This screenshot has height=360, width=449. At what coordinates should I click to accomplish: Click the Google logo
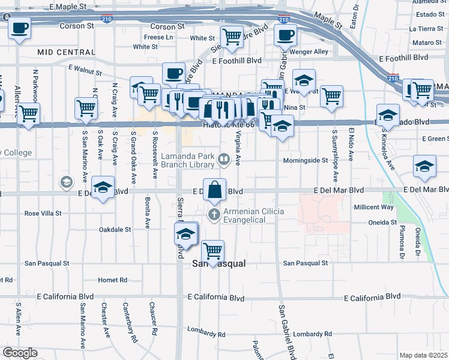pyautogui.click(x=19, y=353)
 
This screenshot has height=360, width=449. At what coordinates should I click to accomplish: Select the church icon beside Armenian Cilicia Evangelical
pyautogui.click(x=214, y=214)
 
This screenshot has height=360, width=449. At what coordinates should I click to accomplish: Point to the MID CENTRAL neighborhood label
pyautogui.click(x=62, y=52)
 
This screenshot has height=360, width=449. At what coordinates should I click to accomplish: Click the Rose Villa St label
pyautogui.click(x=43, y=213)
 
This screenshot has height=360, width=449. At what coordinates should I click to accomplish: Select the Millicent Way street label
pyautogui.click(x=373, y=206)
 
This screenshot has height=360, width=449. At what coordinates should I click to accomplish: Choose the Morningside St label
pyautogui.click(x=306, y=160)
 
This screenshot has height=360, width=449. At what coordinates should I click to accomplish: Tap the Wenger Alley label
pyautogui.click(x=309, y=52)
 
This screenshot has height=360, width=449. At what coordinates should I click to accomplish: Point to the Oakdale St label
pyautogui.click(x=115, y=229)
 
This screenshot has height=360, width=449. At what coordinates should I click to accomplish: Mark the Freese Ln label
pyautogui.click(x=158, y=37)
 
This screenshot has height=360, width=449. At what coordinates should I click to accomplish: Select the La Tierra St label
pyautogui.click(x=425, y=28)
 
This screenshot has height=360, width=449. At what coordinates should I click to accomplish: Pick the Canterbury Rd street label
pyautogui.click(x=127, y=317)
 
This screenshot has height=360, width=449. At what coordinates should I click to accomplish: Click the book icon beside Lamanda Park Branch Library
pyautogui.click(x=223, y=159)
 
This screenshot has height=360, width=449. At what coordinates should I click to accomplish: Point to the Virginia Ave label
pyautogui.click(x=238, y=148)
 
